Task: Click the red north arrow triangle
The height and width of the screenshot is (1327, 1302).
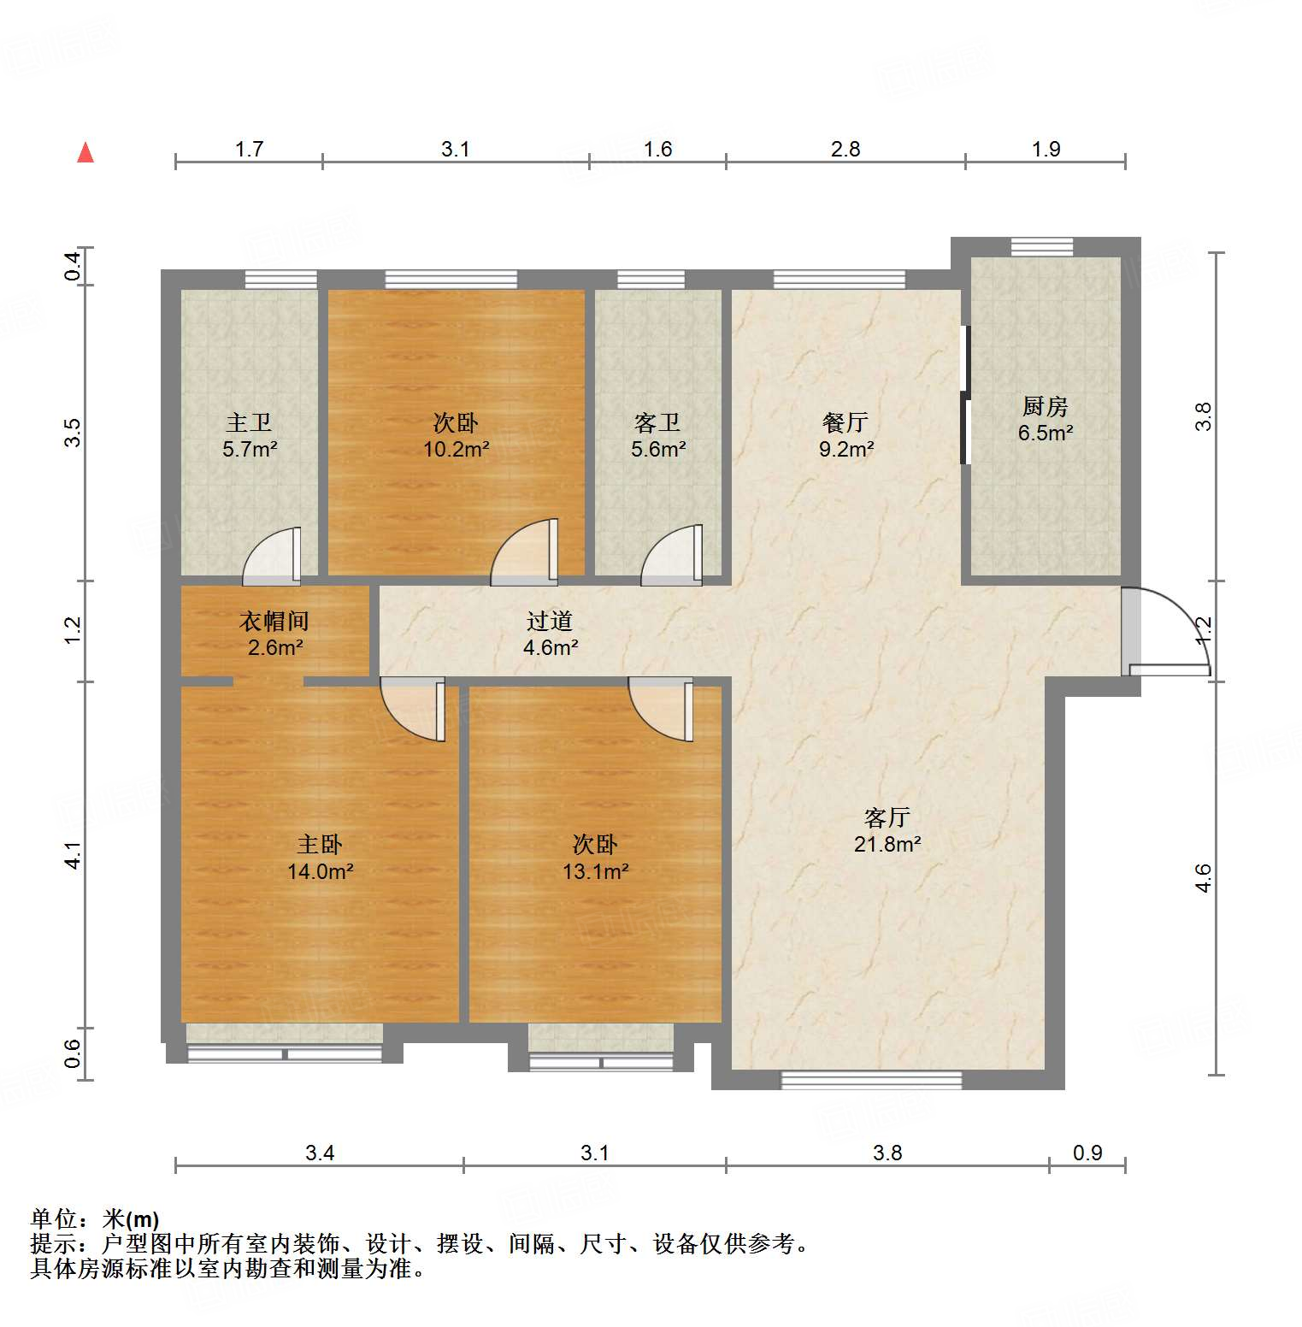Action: [85, 153]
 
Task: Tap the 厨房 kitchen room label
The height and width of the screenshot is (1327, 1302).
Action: [1045, 406]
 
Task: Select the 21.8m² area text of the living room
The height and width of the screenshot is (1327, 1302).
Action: [887, 845]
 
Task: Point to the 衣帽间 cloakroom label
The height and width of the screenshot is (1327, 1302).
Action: [274, 622]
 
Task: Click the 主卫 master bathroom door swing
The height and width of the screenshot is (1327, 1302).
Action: [273, 557]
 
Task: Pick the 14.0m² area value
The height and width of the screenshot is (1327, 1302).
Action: [321, 872]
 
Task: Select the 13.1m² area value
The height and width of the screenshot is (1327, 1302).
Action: [595, 872]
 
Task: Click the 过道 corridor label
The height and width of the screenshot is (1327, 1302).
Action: [550, 622]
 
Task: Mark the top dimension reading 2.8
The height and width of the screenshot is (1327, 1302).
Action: [845, 150]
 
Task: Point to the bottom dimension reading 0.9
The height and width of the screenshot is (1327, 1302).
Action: [1087, 1153]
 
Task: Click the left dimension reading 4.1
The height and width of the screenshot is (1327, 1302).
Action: [74, 855]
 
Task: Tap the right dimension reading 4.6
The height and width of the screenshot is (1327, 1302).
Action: [1204, 878]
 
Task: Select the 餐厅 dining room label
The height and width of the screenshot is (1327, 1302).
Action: [845, 422]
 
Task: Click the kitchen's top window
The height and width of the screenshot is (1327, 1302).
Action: [1041, 247]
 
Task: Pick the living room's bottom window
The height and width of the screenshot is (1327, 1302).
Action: [871, 1082]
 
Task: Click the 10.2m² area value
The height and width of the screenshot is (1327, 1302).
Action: [457, 449]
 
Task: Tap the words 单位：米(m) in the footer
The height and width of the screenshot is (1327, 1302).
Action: [95, 1219]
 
